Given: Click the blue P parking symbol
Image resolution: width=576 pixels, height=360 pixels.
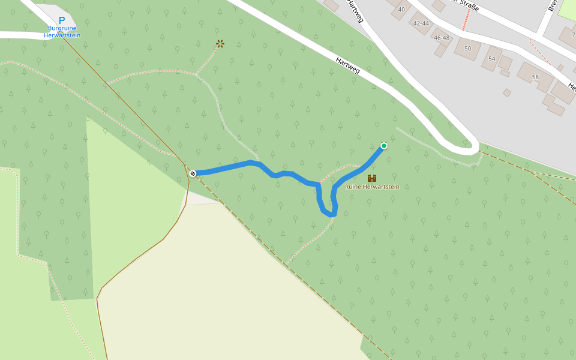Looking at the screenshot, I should pos(62,20).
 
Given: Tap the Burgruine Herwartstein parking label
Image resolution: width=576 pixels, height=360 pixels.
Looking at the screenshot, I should pos(62,32).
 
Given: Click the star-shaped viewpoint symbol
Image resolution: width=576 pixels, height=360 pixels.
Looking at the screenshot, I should pos(220,44).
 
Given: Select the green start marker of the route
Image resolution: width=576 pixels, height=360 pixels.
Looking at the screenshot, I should pos(384,146).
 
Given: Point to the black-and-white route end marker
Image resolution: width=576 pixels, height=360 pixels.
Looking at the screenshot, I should pos(193,173).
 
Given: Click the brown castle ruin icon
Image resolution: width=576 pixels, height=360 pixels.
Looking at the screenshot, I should pos(372,178).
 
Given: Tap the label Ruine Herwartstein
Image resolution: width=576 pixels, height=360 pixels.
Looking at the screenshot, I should pos(372,187).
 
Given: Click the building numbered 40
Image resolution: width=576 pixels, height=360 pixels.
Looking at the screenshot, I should pos(401,9).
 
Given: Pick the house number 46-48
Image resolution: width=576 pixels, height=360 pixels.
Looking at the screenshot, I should pos(442,38).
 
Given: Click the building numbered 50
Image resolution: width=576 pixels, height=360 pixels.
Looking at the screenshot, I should pos(468,48).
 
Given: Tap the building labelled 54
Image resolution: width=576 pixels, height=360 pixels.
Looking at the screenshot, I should pos(492,58).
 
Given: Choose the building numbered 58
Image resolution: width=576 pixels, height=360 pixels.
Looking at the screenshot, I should pos(535,77).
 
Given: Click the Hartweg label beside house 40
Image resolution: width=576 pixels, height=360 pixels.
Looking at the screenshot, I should pos(354,12).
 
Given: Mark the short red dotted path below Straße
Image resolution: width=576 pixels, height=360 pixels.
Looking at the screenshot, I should pos(465,21).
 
